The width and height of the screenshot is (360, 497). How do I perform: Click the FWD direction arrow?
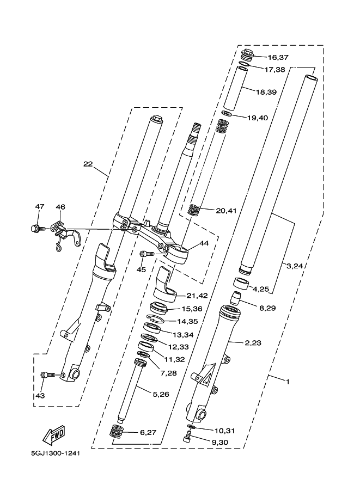[x=54, y=435]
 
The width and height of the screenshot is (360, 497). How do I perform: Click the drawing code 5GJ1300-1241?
[x=56, y=453]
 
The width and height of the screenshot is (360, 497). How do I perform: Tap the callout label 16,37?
[x=278, y=57]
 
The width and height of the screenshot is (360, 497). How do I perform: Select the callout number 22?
[x=88, y=164]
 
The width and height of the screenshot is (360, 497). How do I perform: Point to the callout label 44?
[x=204, y=243]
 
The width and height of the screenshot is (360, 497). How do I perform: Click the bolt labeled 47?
[x=35, y=228]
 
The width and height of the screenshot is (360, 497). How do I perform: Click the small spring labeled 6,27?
[x=117, y=432]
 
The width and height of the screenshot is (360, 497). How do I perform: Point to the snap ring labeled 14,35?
[x=155, y=318]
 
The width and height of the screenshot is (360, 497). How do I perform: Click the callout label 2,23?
[x=253, y=342]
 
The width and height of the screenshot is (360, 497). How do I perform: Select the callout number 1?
[x=288, y=382]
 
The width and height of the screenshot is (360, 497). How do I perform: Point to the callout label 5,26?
[x=161, y=394]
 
